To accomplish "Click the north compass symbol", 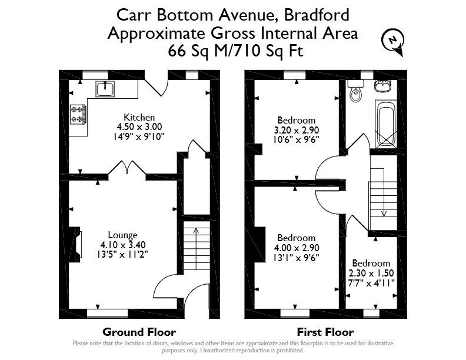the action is point(393,41).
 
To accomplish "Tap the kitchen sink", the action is point(105,89).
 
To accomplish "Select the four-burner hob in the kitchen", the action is point(78,114).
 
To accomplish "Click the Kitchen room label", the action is point(139,117).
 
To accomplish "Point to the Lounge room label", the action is point(122,235).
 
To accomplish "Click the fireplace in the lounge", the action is point(75,245).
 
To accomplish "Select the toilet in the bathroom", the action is point(355,91).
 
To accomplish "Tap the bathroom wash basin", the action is point(382,85).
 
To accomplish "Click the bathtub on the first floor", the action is point(386,124).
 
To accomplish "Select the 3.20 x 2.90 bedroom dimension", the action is point(297,130).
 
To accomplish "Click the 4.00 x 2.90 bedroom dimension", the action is point(297,248).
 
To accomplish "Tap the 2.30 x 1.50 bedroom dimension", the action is point(371,273).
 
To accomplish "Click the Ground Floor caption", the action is point(139,332).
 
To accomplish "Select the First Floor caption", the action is point(325,332).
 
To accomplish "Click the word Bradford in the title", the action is point(317,15).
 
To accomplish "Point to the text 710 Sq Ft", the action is point(267,51).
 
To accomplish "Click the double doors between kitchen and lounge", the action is point(127,168).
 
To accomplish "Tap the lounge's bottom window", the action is point(108,314).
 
